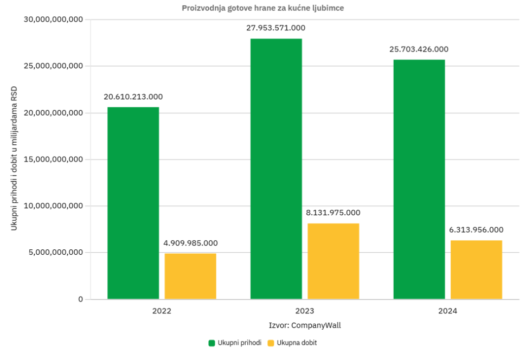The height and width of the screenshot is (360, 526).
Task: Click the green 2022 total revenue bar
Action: coord(133,203)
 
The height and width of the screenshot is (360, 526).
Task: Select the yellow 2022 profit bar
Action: coord(190,277)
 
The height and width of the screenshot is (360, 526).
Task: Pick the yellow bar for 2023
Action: coord(333,261)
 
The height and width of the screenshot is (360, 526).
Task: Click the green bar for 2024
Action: coord(419,179)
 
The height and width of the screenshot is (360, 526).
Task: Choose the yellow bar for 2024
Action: coord(476,269)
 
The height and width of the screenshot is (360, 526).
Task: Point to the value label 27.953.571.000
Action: coord(276,28)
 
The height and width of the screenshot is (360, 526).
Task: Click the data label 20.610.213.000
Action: coord(133,97)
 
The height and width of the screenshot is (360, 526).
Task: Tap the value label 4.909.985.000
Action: coord(190,243)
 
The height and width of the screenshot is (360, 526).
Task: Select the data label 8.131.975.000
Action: coord(333,213)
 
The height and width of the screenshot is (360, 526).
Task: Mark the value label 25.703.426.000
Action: coord(419,49)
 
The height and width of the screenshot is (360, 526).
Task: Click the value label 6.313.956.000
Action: coord(476,230)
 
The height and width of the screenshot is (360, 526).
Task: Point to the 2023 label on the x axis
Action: coord(305,312)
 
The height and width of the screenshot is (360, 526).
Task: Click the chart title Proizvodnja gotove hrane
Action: coord(262,8)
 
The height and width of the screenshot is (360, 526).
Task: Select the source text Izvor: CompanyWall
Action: coord(305,325)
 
